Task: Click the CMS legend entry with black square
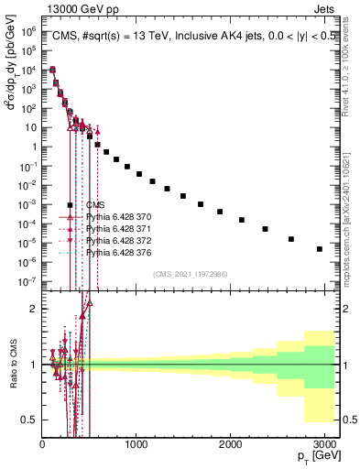[x=95, y=205]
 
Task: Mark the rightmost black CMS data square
[x=319, y=248]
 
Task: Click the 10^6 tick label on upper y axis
[x=27, y=32]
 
